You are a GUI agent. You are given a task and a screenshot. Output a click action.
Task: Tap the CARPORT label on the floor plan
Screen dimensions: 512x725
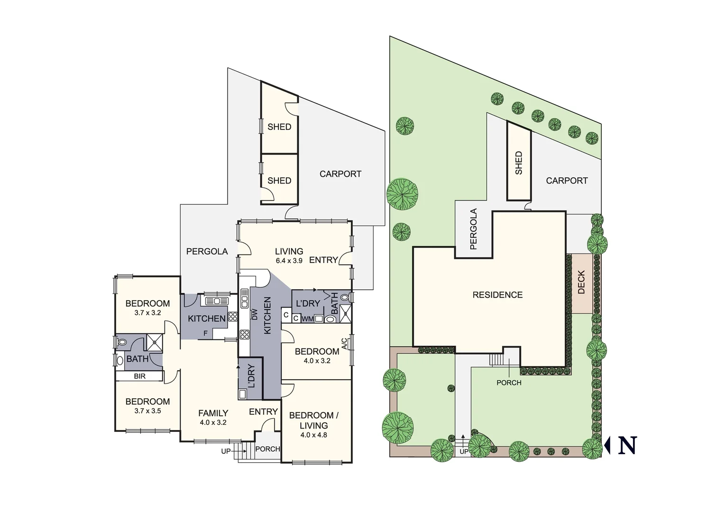[340, 174]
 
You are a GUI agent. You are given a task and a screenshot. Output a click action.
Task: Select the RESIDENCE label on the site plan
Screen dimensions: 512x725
[497, 295]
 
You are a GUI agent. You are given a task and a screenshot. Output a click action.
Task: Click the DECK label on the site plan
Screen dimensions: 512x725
[582, 282]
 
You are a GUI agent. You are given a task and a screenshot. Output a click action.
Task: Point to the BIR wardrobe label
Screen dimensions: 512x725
[139, 376]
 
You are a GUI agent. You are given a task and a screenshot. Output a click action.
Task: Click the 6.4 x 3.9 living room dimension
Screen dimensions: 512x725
[289, 261]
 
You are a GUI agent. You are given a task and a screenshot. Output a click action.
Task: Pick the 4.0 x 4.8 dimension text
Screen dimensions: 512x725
[313, 435]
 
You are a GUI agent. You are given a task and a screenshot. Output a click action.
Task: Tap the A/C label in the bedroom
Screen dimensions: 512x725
[344, 343]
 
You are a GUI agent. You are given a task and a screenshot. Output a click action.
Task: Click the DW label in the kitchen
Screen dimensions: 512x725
[255, 314]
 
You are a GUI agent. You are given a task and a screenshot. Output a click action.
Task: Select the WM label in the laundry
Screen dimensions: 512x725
[307, 319]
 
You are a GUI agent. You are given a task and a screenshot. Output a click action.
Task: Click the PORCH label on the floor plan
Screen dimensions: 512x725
[267, 449]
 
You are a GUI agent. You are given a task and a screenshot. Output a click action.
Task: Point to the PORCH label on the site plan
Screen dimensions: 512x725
[509, 383]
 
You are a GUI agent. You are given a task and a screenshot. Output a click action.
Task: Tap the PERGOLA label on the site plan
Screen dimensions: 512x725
[473, 229]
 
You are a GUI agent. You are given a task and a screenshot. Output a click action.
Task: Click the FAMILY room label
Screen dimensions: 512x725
[213, 413]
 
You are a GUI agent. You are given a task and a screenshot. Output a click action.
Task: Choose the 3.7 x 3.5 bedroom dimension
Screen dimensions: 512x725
[147, 411]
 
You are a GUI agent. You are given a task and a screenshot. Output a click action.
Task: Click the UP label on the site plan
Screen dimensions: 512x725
[464, 452]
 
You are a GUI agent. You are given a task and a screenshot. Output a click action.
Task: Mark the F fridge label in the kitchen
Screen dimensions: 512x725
[205, 333]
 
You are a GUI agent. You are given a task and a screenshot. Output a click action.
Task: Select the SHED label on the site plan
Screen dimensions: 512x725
[518, 163]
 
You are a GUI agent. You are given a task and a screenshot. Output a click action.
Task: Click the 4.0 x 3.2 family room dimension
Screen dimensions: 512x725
[213, 422]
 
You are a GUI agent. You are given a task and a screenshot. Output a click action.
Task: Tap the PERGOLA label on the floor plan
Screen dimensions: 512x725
[207, 252]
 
